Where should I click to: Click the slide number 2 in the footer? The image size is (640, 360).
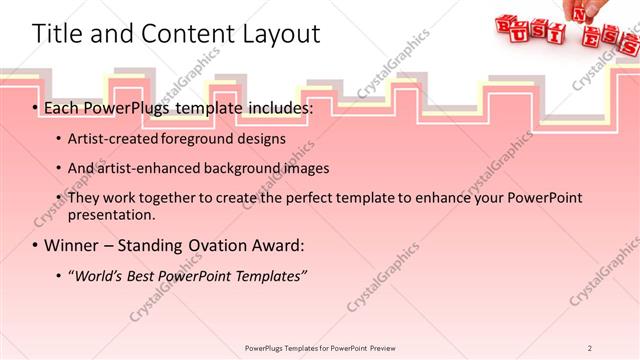pyautogui.click(x=590, y=348)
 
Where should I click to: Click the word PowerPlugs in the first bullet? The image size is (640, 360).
pyautogui.click(x=125, y=106)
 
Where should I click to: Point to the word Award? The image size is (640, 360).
pyautogui.click(x=283, y=245)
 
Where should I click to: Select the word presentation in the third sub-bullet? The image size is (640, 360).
pyautogui.click(x=112, y=214)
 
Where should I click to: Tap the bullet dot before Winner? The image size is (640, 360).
pyautogui.click(x=36, y=246)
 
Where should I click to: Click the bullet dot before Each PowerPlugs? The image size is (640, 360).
pyautogui.click(x=36, y=107)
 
